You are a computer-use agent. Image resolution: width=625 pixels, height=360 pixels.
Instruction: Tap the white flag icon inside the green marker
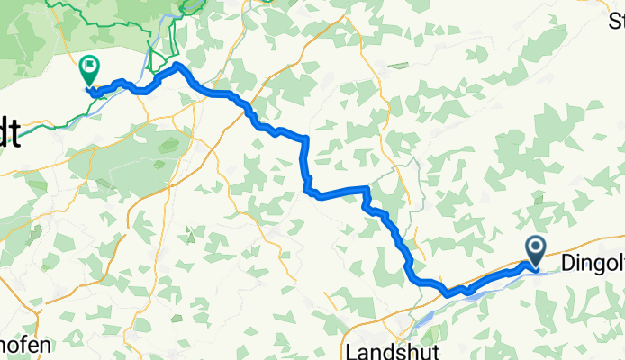[90, 65]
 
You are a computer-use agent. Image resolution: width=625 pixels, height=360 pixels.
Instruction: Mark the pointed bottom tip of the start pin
[534, 267]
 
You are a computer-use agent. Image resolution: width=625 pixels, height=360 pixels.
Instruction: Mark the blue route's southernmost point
[448, 293]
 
